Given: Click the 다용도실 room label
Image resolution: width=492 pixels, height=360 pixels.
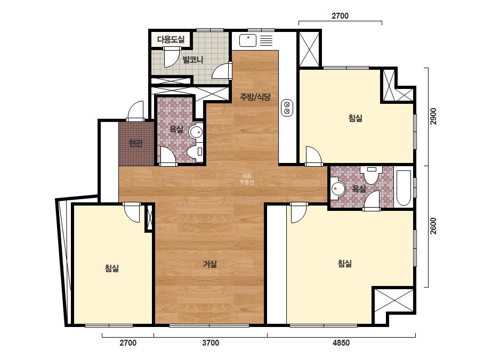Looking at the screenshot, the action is [x=171, y=39].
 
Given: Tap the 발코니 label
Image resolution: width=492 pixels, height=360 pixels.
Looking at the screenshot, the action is [x=193, y=60].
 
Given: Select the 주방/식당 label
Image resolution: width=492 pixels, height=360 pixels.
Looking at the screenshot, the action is [x=255, y=96].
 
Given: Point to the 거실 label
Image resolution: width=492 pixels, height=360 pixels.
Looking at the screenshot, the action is [x=210, y=264].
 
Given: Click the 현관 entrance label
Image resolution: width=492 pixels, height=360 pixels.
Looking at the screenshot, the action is [x=135, y=143].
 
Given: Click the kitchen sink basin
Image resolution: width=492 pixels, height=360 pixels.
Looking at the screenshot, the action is [x=248, y=41].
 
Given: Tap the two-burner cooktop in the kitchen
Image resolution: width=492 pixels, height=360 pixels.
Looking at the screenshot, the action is [x=287, y=108].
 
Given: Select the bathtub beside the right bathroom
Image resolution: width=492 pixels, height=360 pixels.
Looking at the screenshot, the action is [x=404, y=188].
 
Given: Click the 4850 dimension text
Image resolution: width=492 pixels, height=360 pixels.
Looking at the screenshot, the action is [x=341, y=343].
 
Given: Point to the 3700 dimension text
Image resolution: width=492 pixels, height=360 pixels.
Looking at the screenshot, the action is [x=211, y=343].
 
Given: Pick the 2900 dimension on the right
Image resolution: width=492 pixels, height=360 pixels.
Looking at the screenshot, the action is [x=433, y=116].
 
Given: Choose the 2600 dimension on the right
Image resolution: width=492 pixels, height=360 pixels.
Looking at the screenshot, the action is [x=433, y=226].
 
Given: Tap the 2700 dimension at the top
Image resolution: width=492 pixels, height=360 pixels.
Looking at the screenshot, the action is [x=340, y=15].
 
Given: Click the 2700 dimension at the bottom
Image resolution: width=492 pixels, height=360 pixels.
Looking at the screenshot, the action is [x=128, y=343].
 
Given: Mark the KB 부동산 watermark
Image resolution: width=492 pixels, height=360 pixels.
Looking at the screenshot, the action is [x=247, y=179].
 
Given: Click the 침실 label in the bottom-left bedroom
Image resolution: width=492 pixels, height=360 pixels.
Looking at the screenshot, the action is [x=112, y=268].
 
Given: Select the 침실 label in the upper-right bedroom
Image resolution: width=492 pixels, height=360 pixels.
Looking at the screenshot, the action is [x=356, y=118].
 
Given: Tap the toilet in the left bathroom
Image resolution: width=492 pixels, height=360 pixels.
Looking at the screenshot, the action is [x=195, y=151].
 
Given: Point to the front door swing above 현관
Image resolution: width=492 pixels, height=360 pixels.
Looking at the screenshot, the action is [x=135, y=110].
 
